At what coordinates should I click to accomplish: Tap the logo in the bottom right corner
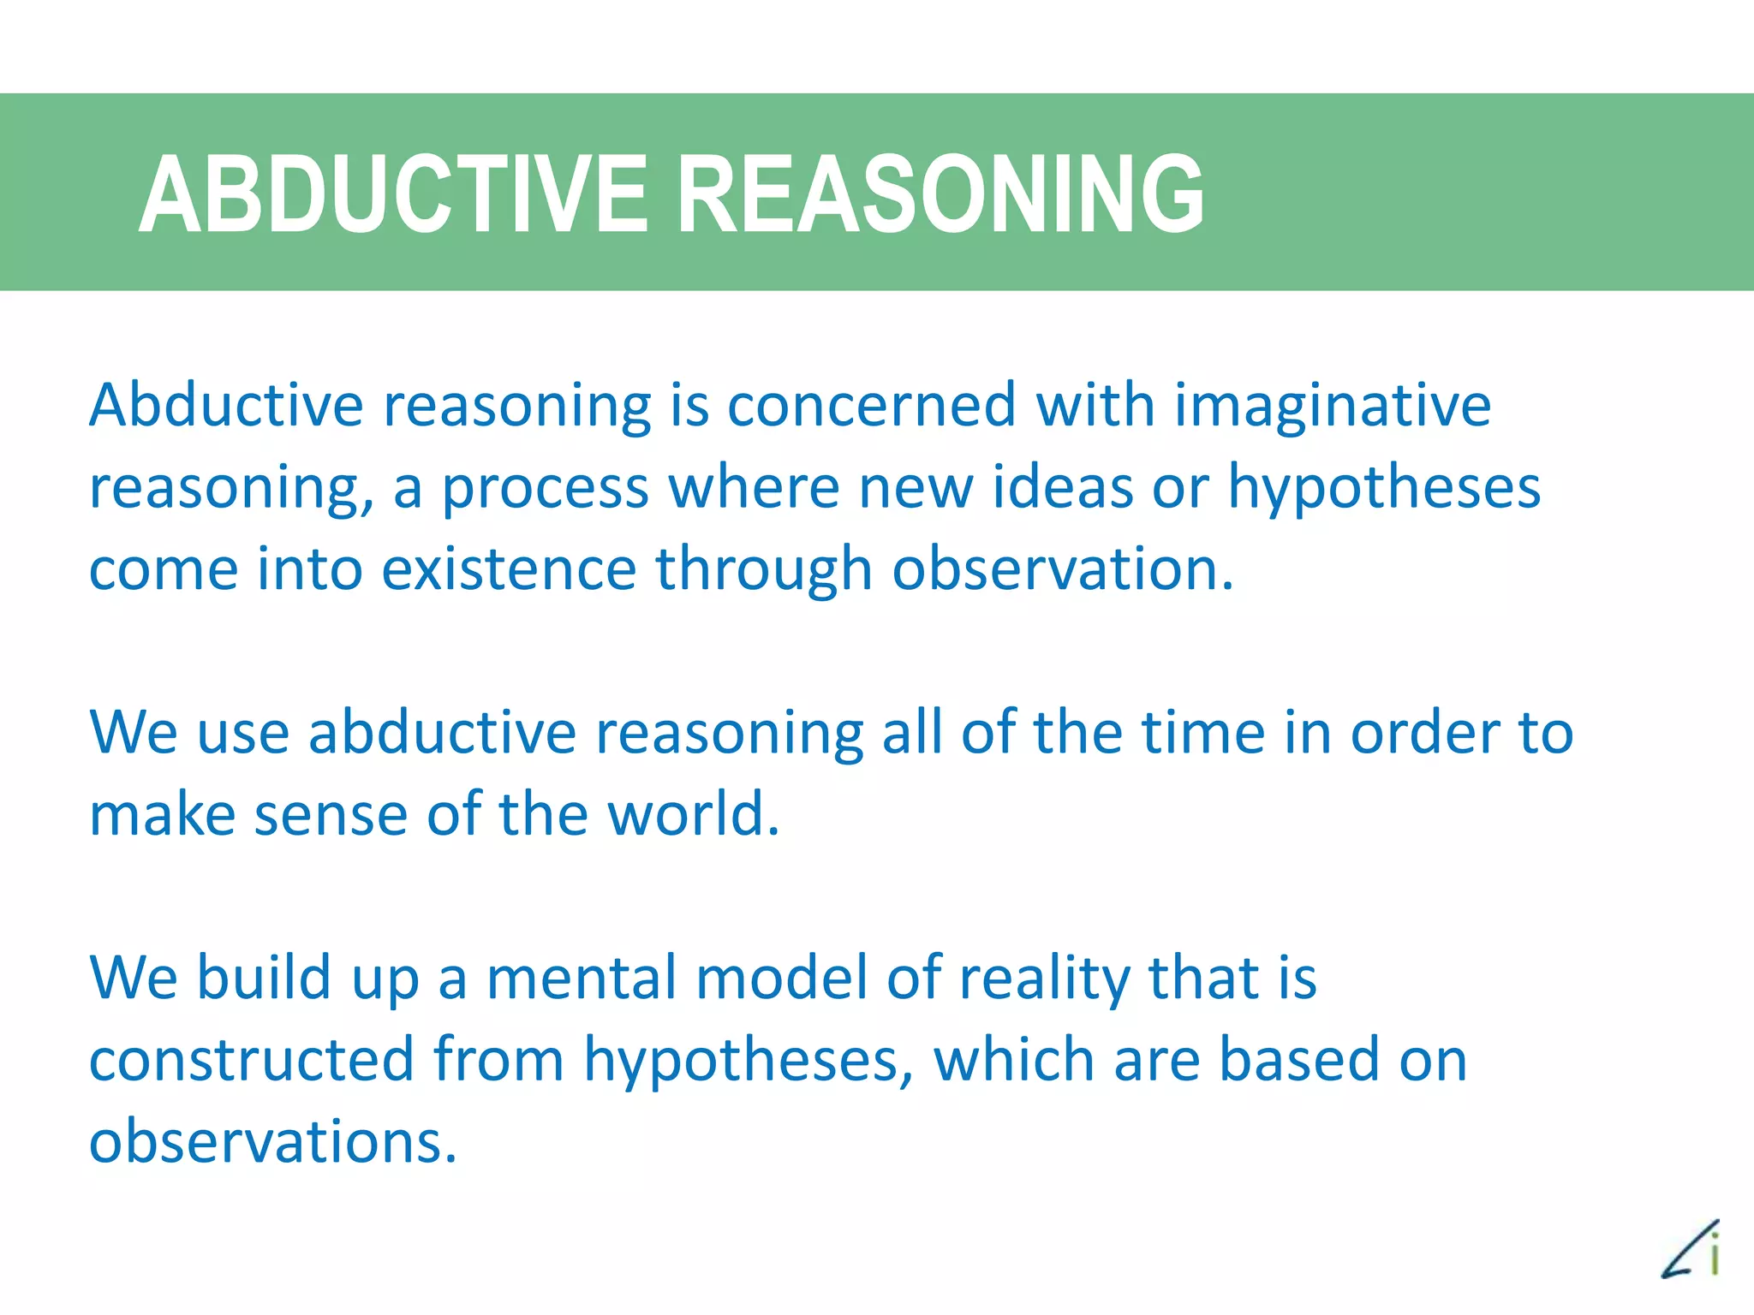click(x=1691, y=1250)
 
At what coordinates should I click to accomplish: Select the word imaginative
click(x=1332, y=407)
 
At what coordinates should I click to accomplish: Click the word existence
click(x=509, y=569)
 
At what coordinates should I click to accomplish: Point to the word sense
click(x=331, y=815)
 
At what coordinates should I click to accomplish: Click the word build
click(x=264, y=977)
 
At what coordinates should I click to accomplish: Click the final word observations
click(x=272, y=1142)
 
